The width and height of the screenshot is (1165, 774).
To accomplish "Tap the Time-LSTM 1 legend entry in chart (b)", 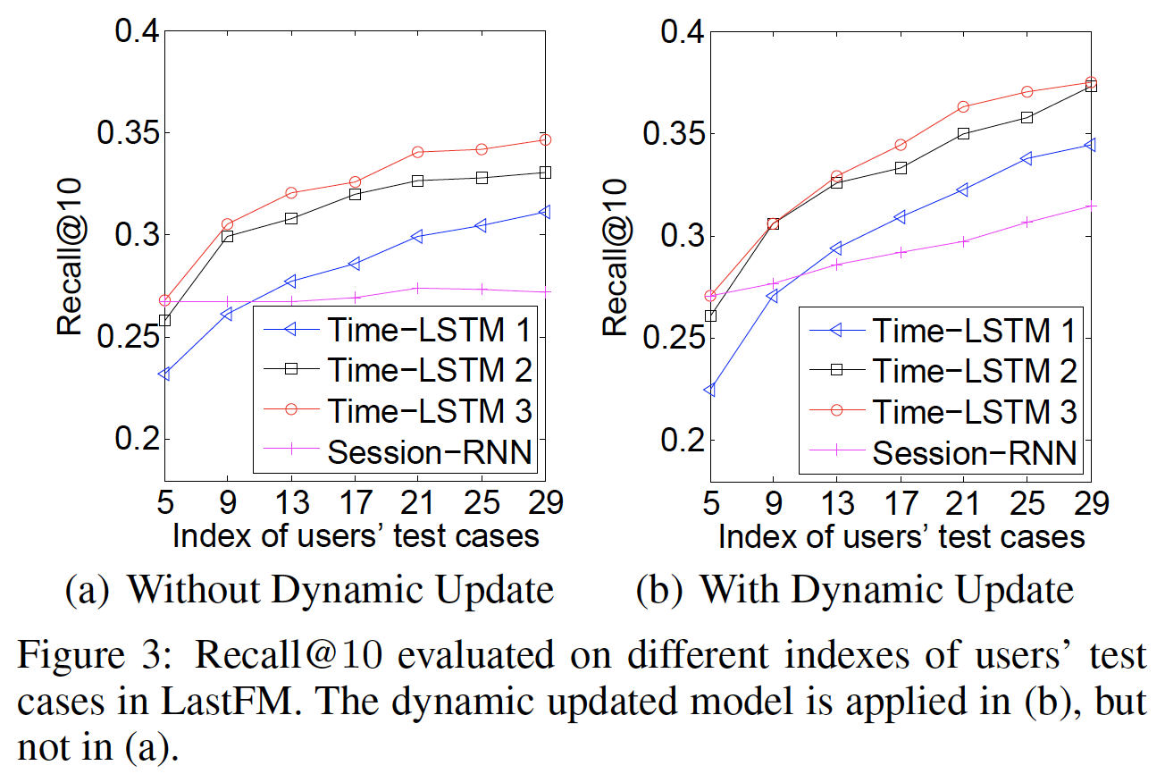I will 974,330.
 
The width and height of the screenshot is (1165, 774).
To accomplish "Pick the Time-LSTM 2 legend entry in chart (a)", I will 430,368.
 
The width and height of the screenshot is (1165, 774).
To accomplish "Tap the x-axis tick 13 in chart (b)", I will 835,503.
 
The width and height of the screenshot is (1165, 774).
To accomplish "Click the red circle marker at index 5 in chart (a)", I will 164,300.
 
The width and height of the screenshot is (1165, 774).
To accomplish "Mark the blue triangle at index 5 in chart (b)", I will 708,390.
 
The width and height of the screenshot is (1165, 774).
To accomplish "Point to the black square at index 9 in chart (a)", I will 228,237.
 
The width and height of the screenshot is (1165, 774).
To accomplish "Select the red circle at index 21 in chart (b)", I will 963,106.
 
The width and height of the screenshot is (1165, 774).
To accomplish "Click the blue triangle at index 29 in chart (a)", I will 544,212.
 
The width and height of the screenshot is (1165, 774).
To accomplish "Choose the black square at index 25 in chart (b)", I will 1027,117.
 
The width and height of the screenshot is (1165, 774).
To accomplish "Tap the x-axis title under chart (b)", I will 901,537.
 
